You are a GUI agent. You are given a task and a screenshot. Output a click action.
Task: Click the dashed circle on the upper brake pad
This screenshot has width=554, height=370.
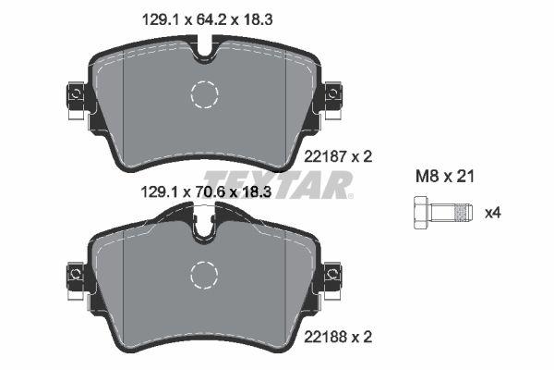tap(204, 94)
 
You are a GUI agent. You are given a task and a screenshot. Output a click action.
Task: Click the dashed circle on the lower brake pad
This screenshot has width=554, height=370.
tap(204, 274)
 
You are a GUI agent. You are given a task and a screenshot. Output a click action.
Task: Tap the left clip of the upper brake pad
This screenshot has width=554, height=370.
tap(75, 94)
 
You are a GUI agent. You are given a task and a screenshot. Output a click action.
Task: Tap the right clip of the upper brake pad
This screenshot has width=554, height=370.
tap(331, 94)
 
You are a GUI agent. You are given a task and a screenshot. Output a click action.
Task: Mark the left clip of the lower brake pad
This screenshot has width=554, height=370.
tap(75, 274)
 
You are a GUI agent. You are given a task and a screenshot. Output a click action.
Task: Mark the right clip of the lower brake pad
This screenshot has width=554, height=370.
tap(331, 274)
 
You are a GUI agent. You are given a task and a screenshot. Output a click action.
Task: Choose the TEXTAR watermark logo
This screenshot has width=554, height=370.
tap(277, 184)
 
